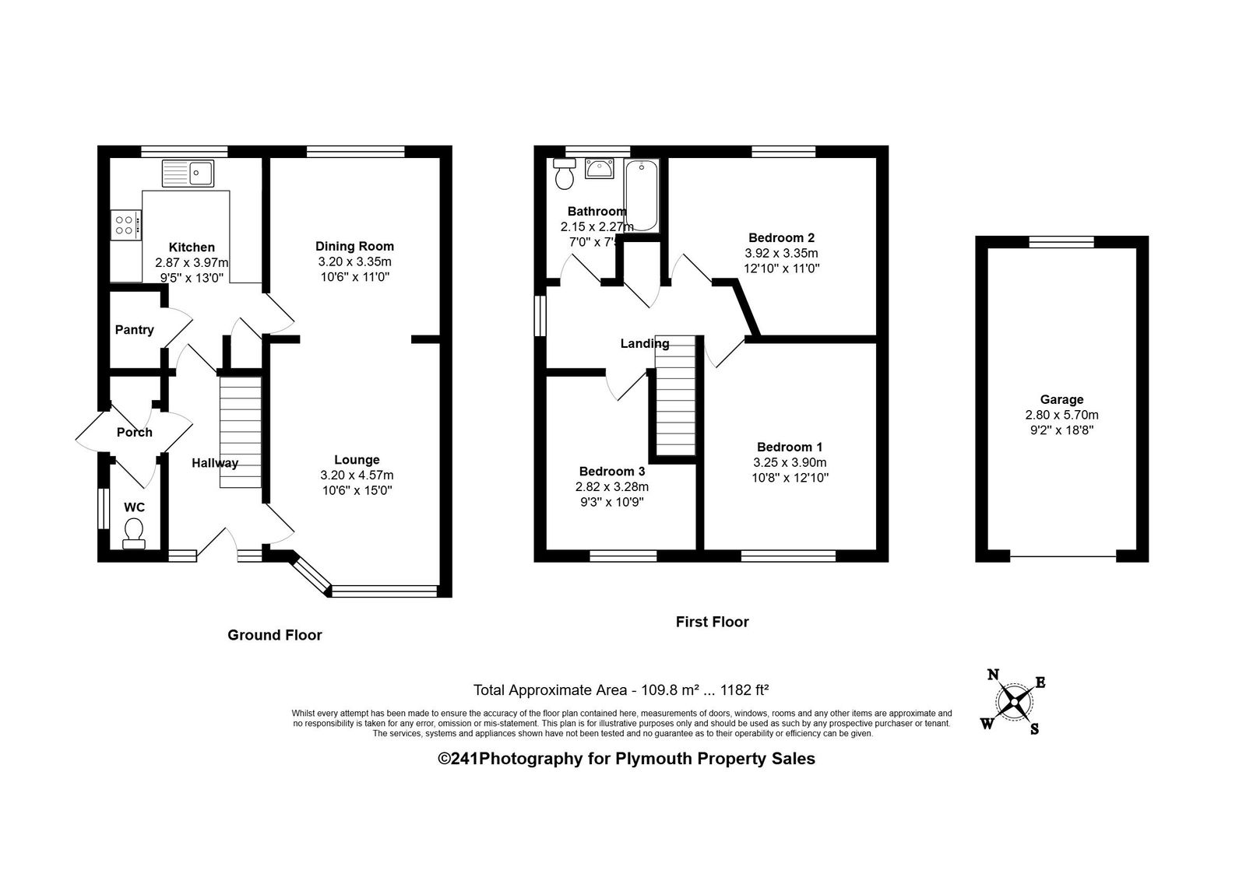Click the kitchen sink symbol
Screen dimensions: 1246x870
(188, 173)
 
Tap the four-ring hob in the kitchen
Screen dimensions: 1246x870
(125, 225)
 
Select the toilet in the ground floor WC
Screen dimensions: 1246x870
(133, 534)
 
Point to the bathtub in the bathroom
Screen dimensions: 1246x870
(642, 195)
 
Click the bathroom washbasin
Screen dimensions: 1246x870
(600, 168)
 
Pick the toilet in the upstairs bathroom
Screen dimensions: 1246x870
(565, 174)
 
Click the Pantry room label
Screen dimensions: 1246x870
(135, 330)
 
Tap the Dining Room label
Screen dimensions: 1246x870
(355, 246)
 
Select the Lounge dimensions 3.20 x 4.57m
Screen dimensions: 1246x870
(357, 475)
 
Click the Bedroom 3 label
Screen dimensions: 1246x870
(612, 472)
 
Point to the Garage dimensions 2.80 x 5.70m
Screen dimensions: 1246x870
(1062, 415)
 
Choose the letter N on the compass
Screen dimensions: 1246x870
(993, 675)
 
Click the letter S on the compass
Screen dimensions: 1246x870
(1035, 729)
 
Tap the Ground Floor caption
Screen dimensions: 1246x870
(275, 635)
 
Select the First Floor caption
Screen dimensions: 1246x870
(713, 622)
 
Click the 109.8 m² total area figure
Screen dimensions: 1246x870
(671, 690)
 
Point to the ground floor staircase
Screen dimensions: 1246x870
(241, 433)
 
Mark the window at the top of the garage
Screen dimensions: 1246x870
(1061, 242)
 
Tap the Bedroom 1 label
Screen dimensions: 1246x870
(790, 447)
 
